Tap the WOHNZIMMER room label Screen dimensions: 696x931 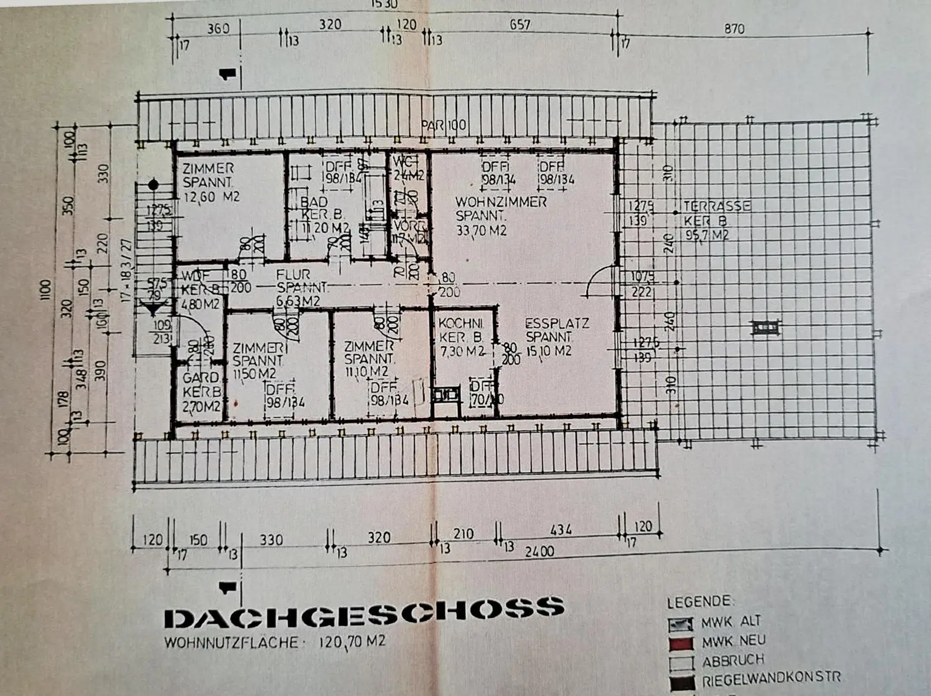501,202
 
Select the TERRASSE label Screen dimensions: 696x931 717,206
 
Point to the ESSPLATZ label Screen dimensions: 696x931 556,324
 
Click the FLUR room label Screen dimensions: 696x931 293,275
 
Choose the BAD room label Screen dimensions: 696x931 314,202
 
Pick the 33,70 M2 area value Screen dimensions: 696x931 481,231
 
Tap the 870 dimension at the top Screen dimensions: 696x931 734,28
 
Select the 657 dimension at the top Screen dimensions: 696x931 519,25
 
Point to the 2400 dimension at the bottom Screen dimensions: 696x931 539,551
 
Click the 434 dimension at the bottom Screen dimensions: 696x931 561,530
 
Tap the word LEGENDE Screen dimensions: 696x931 699,602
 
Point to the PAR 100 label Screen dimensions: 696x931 444,125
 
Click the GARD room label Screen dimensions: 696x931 201,378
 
